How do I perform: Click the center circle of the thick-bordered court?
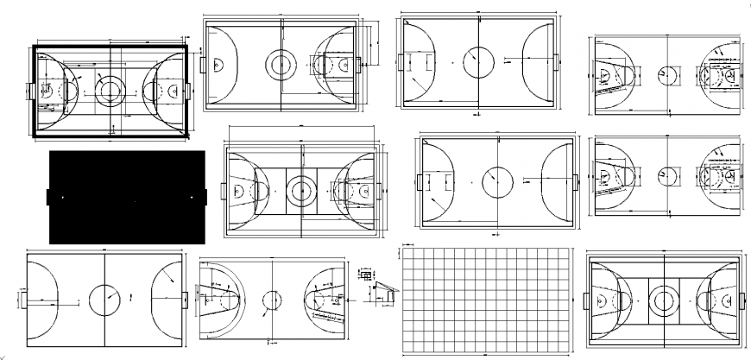pyautogui.click(x=110, y=89)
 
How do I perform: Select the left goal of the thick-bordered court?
pyautogui.click(x=30, y=89)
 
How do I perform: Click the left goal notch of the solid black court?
pyautogui.click(x=49, y=197)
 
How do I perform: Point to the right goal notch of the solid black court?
pyautogui.click(x=206, y=197)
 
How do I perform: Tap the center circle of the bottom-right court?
pyautogui.click(x=663, y=300)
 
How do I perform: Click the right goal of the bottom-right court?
pyautogui.click(x=742, y=300)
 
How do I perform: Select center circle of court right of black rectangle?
pyautogui.click(x=300, y=189)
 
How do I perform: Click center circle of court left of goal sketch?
pyautogui.click(x=272, y=300)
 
